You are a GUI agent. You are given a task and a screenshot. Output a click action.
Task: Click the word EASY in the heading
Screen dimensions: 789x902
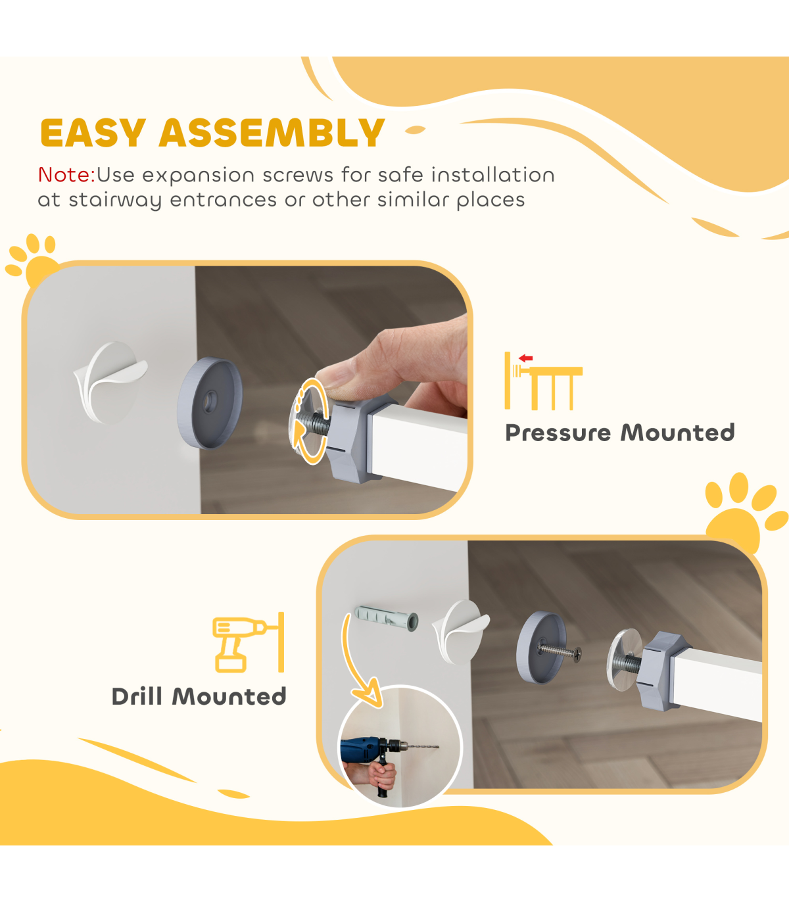(93, 133)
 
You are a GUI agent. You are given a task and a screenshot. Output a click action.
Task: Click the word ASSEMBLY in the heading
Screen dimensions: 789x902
(272, 133)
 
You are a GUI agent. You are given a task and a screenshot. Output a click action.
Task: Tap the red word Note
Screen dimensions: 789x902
(66, 175)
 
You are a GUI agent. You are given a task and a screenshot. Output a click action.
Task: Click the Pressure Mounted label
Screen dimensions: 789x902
(620, 433)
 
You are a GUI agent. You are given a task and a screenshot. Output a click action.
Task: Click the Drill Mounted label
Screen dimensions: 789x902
(199, 697)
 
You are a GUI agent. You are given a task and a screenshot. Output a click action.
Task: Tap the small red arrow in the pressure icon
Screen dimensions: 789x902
(525, 358)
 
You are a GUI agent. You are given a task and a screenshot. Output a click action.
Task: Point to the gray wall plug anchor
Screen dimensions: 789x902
(386, 618)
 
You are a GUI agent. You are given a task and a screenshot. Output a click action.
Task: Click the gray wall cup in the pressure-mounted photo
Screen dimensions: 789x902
(210, 403)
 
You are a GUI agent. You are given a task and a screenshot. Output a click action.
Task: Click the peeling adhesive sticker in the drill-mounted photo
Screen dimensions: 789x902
(461, 632)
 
